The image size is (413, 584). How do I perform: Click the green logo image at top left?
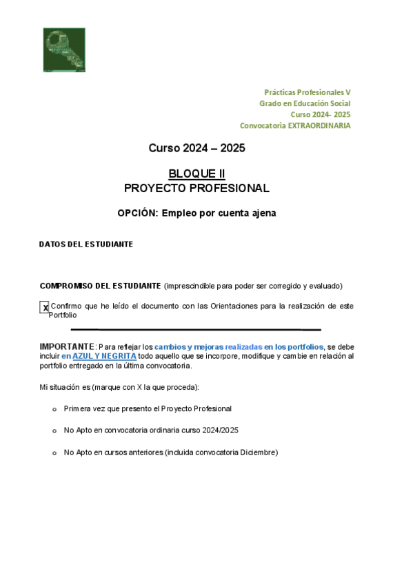pos(64,50)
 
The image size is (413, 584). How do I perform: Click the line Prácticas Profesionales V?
pos(308,92)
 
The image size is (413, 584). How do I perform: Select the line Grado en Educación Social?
pos(305,103)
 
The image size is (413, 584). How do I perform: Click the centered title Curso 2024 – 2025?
pos(197,148)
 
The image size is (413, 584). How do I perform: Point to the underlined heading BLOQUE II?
pos(197,174)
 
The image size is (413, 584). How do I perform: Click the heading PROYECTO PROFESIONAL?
pos(197,188)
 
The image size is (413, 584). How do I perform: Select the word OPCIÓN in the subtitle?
pos(138,213)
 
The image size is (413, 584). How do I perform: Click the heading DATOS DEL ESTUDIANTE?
pos(86,244)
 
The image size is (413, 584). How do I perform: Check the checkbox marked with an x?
pos(45,307)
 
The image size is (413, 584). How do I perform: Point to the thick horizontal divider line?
pos(196,330)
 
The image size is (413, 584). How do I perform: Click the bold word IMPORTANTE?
pos(66,346)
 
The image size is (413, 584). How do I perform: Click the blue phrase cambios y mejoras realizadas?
pos(204,346)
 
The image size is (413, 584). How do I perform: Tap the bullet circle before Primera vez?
pos(54,409)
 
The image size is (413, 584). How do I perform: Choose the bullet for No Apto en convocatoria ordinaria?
pos(54,430)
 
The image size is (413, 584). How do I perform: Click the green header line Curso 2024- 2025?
pos(320,114)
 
